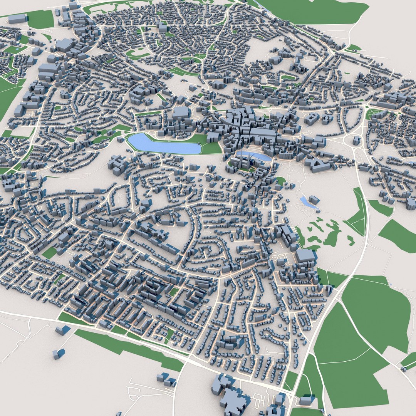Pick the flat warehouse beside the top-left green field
(18, 18)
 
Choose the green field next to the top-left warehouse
(40, 19)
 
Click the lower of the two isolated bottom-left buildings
(58, 354)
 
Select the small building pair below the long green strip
(166, 379)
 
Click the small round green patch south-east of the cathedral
(281, 180)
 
